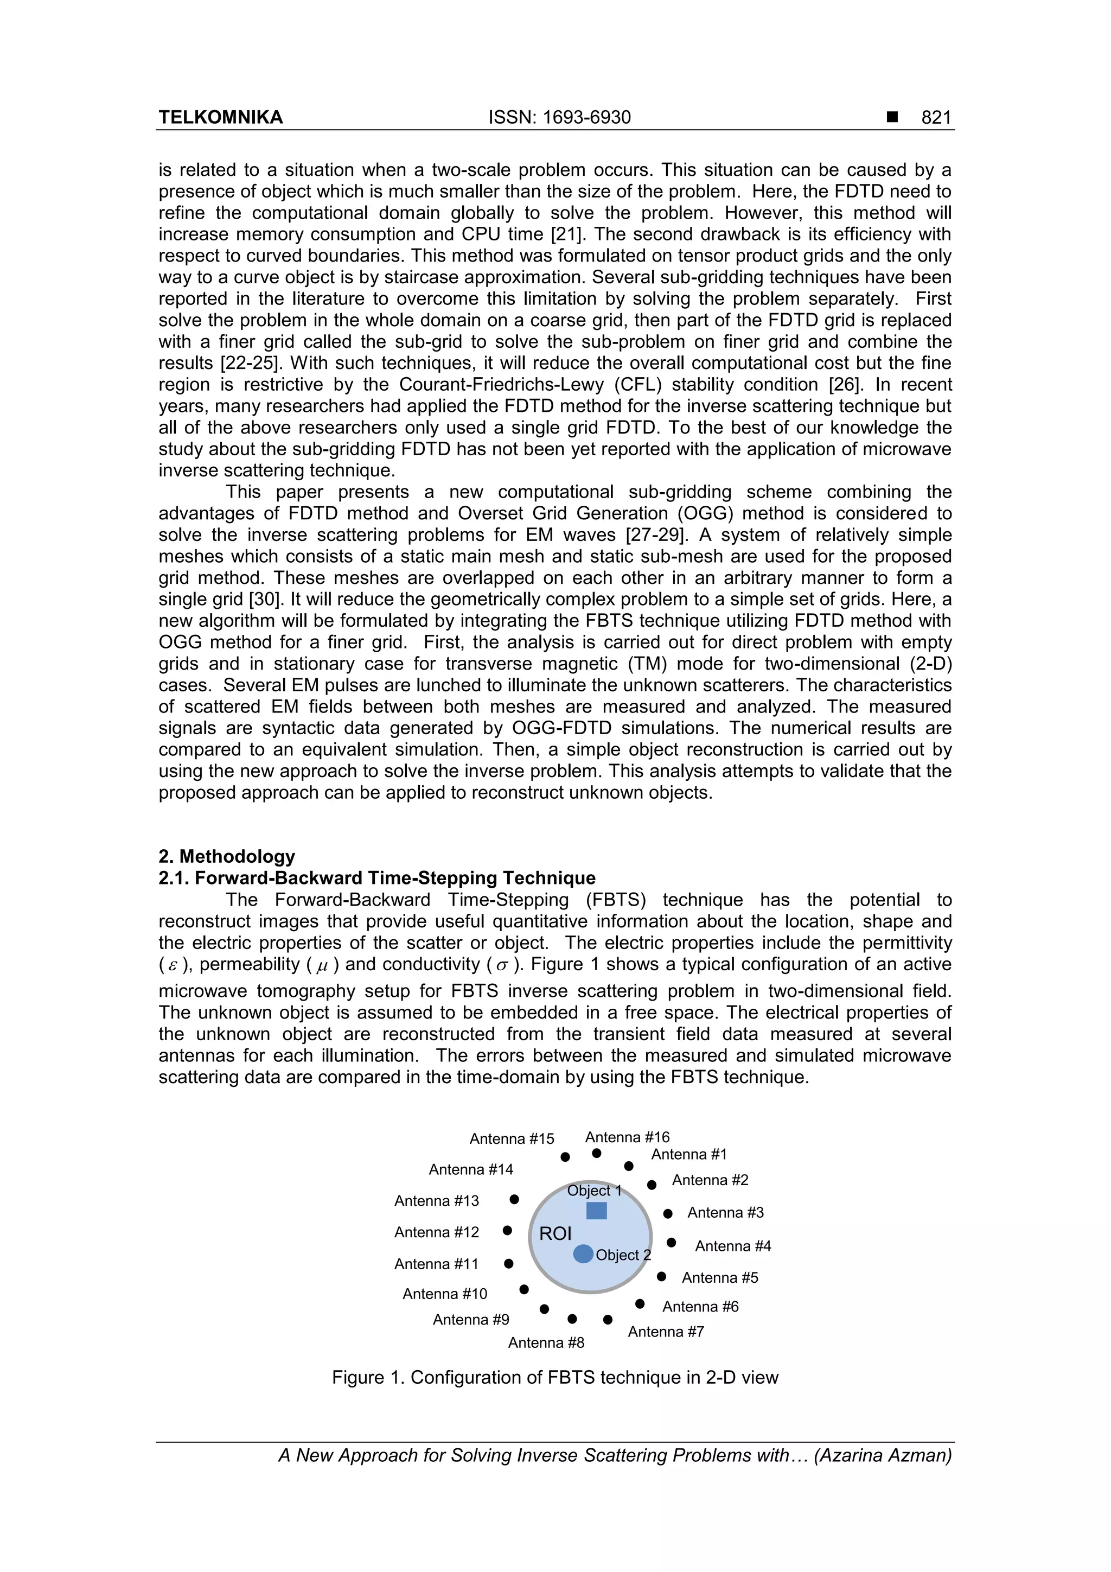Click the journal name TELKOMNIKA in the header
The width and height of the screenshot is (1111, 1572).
pos(220,118)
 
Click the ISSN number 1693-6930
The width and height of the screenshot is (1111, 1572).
pos(559,118)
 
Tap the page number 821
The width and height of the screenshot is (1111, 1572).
pos(936,118)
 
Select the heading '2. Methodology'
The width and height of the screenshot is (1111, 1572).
pos(227,856)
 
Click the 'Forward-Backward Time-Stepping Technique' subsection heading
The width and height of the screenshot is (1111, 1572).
pos(377,879)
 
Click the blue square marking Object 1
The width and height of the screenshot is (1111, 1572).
pos(596,1211)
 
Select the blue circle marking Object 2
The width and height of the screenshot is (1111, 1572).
pos(583,1253)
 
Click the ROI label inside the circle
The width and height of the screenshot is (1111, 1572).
pos(555,1234)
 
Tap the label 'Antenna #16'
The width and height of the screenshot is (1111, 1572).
pos(627,1137)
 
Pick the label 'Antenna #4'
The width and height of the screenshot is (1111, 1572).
pos(733,1246)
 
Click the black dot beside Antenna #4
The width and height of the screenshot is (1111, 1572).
pos(672,1242)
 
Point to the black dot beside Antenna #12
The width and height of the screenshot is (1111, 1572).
pos(507,1230)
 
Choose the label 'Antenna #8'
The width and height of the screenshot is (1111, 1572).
pos(546,1342)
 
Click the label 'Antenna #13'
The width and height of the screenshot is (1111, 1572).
pos(437,1201)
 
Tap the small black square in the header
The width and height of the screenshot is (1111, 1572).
pos(892,118)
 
